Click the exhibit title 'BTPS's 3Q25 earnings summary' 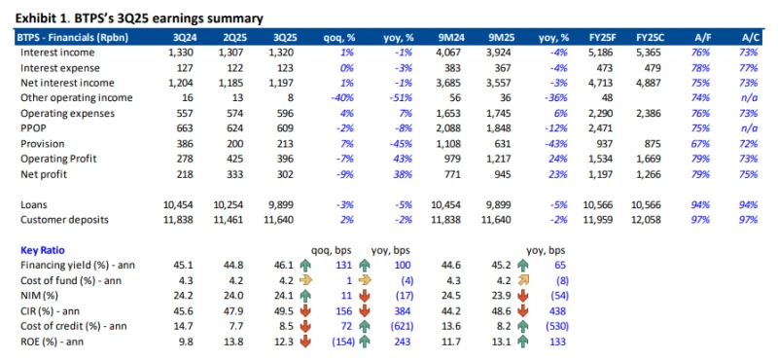point(175,18)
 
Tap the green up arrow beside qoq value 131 point(303,265)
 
